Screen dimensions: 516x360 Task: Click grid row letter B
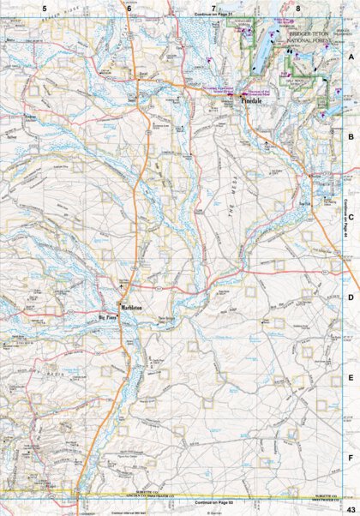350,135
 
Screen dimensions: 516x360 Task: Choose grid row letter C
350,216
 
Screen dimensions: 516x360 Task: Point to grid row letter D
350,297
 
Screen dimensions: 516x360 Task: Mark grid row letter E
350,377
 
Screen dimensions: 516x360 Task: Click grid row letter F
350,458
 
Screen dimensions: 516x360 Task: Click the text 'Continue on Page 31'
213,15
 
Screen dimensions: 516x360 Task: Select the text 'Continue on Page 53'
213,501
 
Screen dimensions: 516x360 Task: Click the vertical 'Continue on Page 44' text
345,219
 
